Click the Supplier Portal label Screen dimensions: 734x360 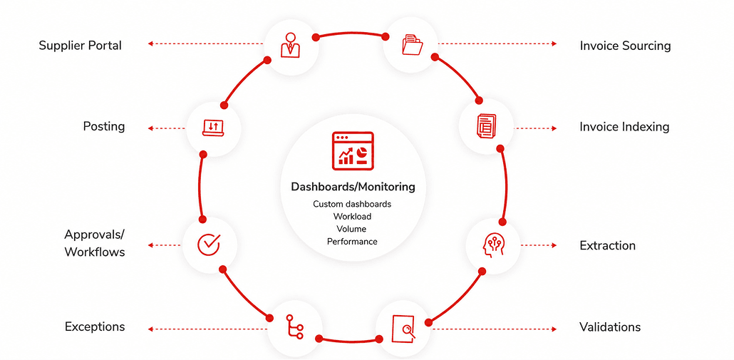pyautogui.click(x=80, y=46)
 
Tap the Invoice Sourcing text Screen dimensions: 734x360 pyautogui.click(x=625, y=46)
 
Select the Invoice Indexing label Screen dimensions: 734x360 pyautogui.click(x=624, y=127)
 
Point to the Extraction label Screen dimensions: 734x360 pyautogui.click(x=608, y=246)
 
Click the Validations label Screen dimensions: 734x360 pyautogui.click(x=610, y=326)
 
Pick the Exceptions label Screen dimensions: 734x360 pyautogui.click(x=95, y=326)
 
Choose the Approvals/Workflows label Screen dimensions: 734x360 pyautogui.click(x=95, y=243)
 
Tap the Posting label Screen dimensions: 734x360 pyautogui.click(x=104, y=126)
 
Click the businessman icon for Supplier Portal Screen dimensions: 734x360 pyautogui.click(x=290, y=45)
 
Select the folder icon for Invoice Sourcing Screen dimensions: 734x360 pyautogui.click(x=412, y=45)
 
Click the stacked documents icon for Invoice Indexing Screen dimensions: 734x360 pyautogui.click(x=486, y=126)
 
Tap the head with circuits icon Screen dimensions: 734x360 pyautogui.click(x=493, y=245)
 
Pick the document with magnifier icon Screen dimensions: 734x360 pyautogui.click(x=403, y=329)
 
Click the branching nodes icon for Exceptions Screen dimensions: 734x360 pyautogui.click(x=294, y=326)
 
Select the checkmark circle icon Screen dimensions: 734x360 pyautogui.click(x=209, y=245)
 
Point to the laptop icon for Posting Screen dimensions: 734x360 pyautogui.click(x=214, y=128)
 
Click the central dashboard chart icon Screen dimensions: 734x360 pyautogui.click(x=353, y=150)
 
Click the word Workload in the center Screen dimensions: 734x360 pyautogui.click(x=353, y=217)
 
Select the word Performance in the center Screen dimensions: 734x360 pyautogui.click(x=352, y=242)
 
